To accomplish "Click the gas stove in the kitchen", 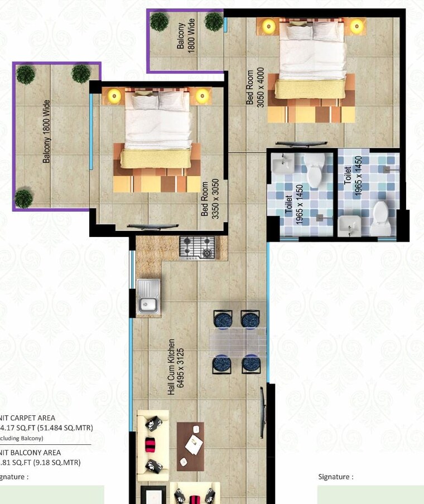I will point(197,247).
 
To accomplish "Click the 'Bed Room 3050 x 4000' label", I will point(255,87).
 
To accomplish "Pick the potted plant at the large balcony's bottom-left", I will point(23,197).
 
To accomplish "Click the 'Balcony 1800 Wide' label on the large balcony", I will point(47,132).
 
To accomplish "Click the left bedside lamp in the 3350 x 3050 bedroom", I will point(114,95).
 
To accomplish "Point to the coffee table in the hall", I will point(191,438).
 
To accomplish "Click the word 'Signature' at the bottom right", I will point(335,477).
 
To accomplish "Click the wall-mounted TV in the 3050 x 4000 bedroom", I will point(296,144).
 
